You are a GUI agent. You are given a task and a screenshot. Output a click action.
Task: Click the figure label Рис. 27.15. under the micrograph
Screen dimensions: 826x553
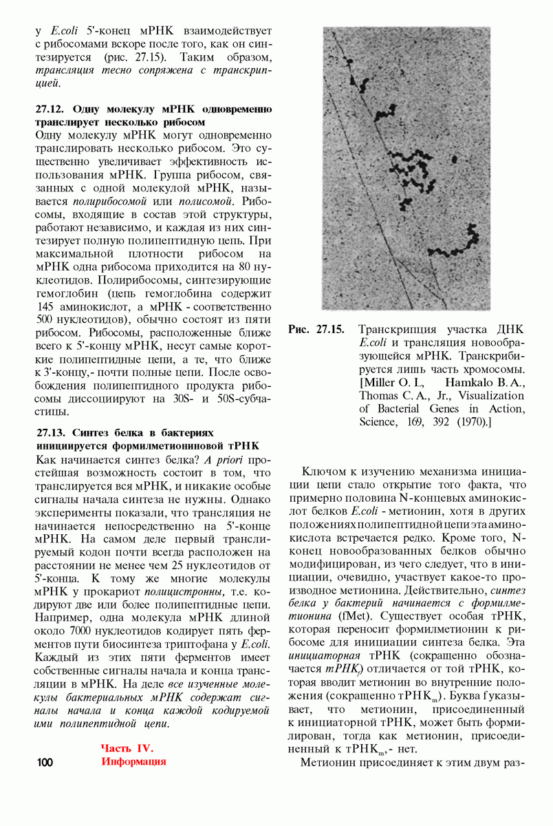316,330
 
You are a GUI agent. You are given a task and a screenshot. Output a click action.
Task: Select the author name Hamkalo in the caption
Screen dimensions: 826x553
469,382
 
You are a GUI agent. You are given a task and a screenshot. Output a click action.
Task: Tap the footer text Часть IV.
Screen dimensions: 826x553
127,748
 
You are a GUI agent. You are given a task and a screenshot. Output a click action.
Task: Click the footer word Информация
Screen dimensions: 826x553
134,762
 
